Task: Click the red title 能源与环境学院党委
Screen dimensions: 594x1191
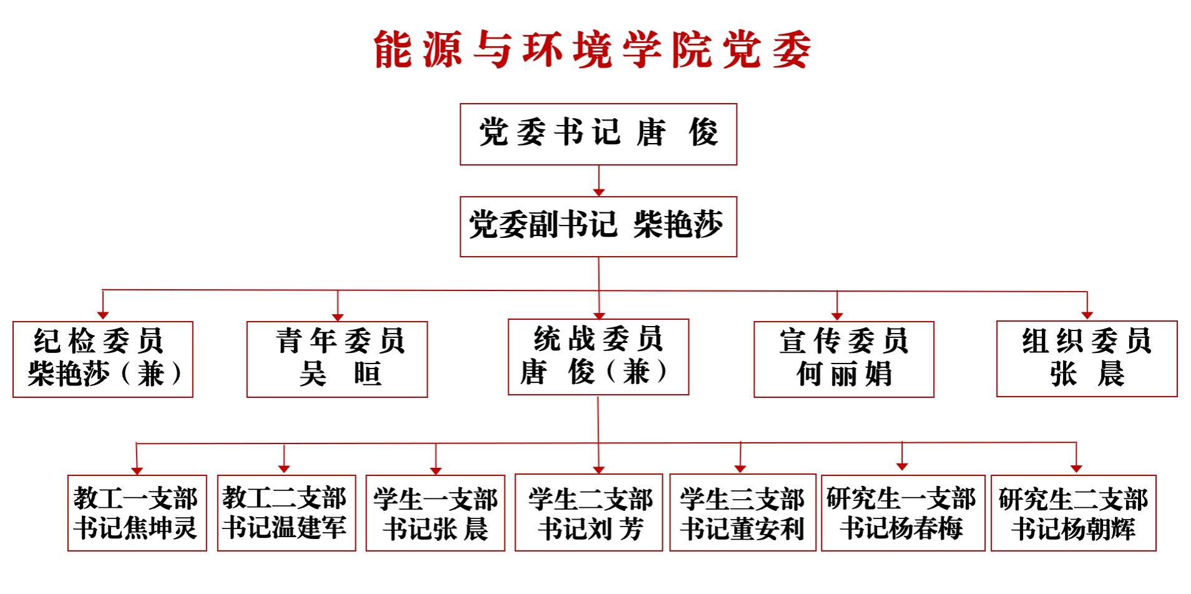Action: coord(593,50)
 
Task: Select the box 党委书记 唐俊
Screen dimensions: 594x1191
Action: coord(598,134)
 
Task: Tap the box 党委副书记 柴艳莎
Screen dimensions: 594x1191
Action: coord(598,227)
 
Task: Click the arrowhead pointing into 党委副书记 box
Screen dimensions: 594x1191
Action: coord(599,191)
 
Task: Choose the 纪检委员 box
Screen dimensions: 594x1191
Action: coord(103,359)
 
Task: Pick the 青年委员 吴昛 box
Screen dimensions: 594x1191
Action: coord(337,359)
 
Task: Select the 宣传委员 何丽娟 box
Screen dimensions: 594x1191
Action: coord(843,359)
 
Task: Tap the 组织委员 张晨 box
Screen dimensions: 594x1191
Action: coord(1087,359)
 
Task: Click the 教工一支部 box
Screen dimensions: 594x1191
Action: coord(137,513)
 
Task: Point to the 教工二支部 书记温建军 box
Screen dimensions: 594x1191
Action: coord(286,513)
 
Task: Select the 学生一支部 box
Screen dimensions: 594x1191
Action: coord(435,513)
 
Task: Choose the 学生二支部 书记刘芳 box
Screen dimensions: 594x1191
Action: coord(589,513)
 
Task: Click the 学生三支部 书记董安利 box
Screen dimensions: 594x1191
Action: coord(742,513)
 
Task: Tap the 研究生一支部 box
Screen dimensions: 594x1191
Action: coord(903,513)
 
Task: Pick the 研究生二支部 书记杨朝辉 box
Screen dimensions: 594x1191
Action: coord(1073,513)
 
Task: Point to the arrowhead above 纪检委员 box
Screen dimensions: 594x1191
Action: coord(103,315)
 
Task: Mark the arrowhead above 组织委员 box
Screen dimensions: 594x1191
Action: coord(1087,315)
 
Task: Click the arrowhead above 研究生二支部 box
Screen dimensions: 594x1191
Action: coord(1076,468)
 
